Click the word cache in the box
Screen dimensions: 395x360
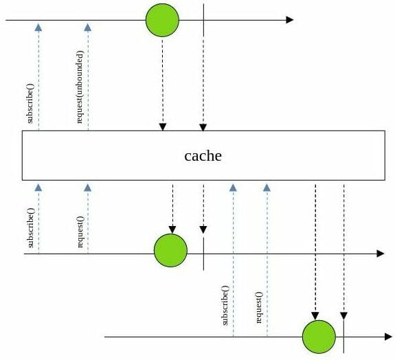tap(203, 156)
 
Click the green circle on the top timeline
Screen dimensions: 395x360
tap(163, 20)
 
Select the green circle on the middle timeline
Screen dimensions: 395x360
tap(170, 250)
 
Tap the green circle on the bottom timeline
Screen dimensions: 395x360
tap(319, 337)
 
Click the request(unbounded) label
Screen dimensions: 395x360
tap(80, 87)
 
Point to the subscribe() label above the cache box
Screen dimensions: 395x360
tap(30, 103)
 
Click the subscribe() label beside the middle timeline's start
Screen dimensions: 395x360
tap(30, 228)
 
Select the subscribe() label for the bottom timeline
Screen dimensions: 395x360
tap(225, 305)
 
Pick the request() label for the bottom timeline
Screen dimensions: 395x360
tap(259, 307)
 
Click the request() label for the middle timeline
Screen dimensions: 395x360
tap(80, 232)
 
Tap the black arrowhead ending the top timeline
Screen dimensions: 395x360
tap(290, 20)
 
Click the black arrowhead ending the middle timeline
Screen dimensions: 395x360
tap(381, 254)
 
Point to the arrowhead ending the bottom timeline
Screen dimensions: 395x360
tap(389, 337)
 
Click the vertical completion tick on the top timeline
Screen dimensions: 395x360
tap(203, 20)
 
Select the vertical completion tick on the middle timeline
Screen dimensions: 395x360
tap(203, 254)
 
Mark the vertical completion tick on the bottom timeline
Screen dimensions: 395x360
tap(344, 337)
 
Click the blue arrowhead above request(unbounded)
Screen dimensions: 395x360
tap(88, 27)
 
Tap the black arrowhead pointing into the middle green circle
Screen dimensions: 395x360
tap(172, 229)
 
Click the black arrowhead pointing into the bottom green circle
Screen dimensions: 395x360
tap(315, 316)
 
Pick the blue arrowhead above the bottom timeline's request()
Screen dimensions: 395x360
tap(267, 188)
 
